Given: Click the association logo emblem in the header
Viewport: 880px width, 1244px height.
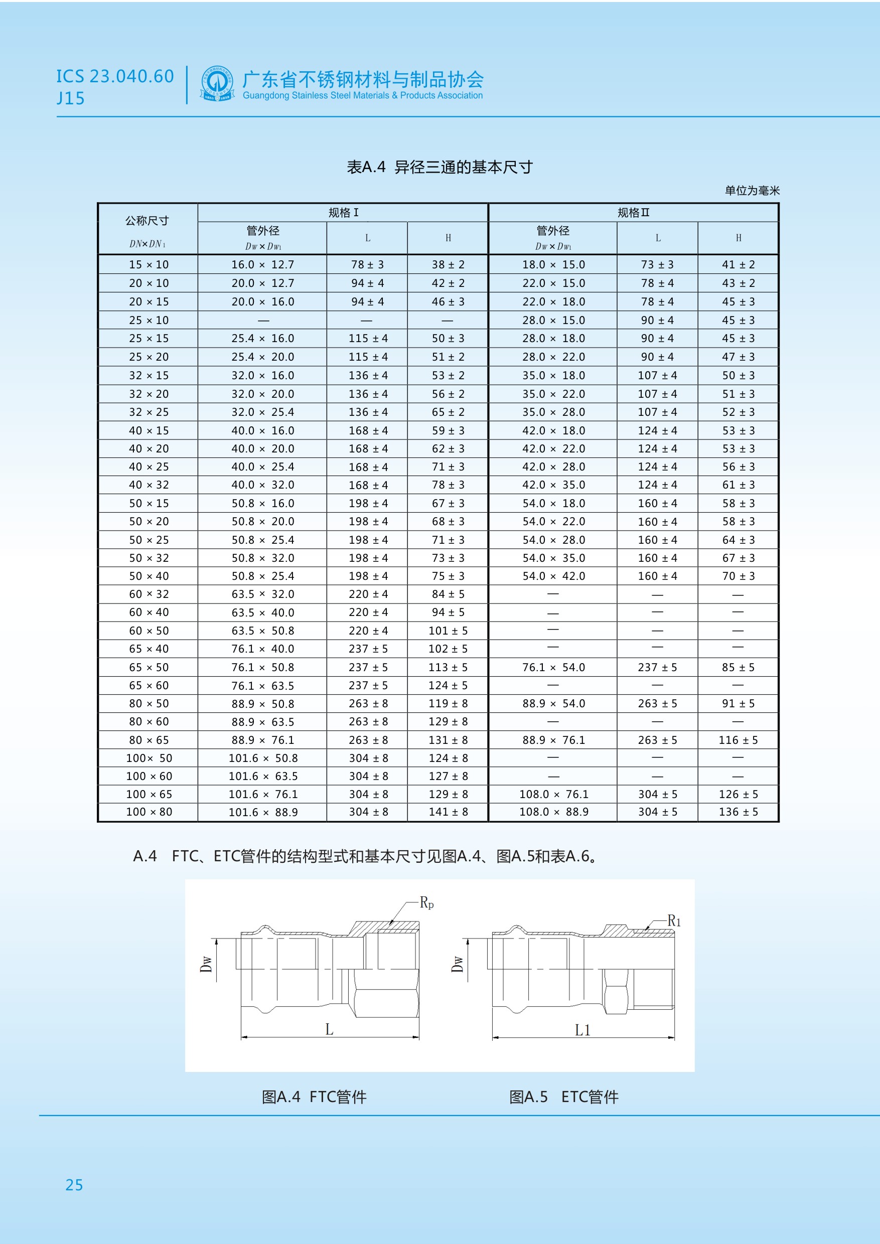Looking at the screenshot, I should (x=217, y=84).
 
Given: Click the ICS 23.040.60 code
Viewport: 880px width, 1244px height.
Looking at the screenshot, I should (x=115, y=76).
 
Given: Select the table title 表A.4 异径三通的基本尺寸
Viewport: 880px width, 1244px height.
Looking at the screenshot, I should (x=439, y=167).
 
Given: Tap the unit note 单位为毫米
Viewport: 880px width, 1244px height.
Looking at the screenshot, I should (x=752, y=191).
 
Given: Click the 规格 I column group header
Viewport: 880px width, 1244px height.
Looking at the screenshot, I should (x=343, y=212).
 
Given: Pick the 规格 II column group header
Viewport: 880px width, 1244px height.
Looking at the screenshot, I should (x=633, y=212).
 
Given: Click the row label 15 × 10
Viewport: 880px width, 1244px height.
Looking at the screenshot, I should (x=149, y=264).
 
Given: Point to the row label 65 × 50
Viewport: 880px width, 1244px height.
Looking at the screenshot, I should (x=149, y=668).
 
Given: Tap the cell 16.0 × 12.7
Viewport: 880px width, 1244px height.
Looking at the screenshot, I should (x=262, y=264).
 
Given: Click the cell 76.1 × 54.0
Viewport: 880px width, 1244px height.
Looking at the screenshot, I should (x=553, y=668).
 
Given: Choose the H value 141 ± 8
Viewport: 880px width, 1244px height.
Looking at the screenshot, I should (x=448, y=812).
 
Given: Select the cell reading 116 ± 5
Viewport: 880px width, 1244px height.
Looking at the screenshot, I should (x=738, y=740).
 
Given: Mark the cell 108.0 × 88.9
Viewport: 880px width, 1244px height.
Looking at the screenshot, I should (x=553, y=812).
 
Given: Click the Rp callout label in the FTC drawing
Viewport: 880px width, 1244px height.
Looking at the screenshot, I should (x=426, y=903).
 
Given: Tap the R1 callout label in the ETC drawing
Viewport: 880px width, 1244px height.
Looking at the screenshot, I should (x=674, y=921).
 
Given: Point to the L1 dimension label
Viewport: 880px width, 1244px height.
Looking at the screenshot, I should (x=582, y=1030).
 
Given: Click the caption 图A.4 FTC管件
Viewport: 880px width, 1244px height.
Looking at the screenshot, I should (x=314, y=1097).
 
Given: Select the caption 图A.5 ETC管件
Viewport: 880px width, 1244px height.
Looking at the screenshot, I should (x=563, y=1097).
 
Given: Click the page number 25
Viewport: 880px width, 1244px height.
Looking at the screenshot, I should (x=74, y=1185).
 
